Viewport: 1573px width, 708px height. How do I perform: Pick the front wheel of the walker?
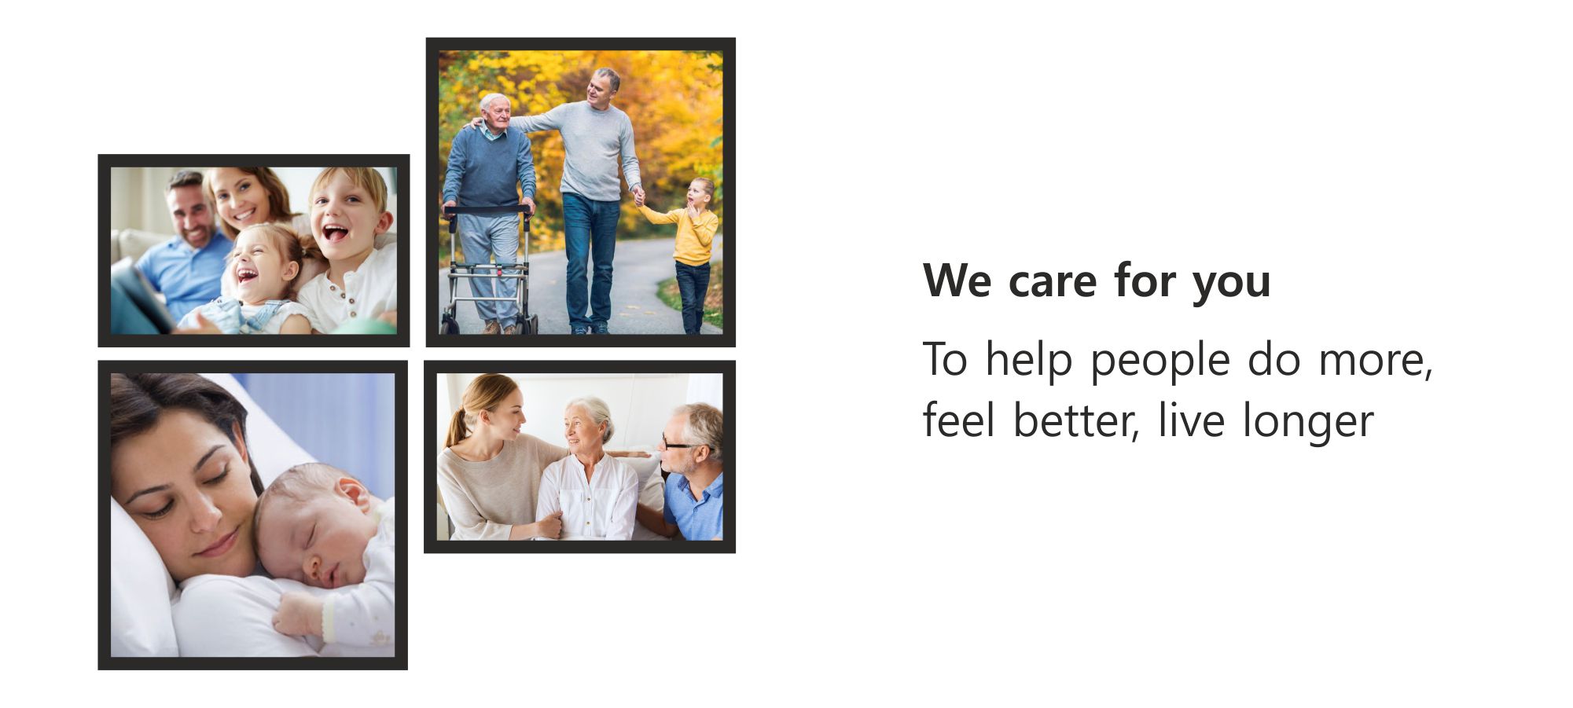[x=450, y=325]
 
